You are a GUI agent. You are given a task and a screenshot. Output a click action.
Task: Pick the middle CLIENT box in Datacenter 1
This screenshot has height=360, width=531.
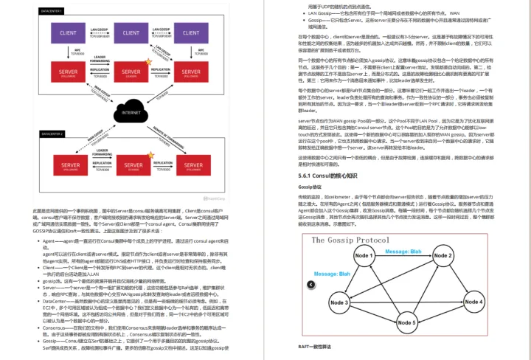[131, 33]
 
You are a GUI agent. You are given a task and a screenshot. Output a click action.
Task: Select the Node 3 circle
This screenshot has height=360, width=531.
[339, 302]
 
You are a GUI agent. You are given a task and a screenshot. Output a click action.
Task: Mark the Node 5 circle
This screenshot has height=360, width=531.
[403, 322]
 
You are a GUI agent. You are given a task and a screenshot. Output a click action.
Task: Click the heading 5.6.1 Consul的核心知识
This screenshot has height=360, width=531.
[327, 176]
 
